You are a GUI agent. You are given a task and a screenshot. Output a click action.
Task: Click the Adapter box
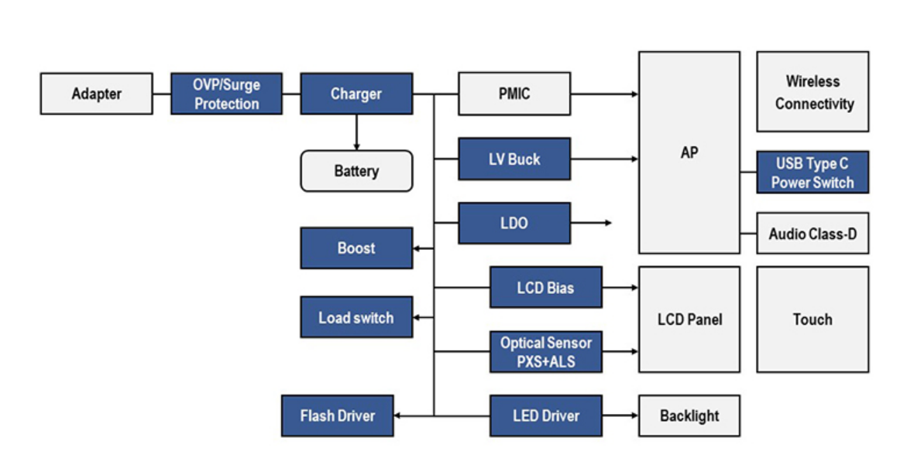tap(96, 94)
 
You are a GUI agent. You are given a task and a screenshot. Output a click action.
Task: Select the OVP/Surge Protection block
tap(226, 94)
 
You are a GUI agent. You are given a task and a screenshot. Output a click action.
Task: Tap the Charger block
tap(356, 94)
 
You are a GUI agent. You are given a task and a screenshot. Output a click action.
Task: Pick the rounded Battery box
tap(356, 170)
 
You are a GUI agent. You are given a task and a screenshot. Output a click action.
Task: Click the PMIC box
tap(514, 94)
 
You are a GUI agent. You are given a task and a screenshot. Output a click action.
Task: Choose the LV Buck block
tap(514, 159)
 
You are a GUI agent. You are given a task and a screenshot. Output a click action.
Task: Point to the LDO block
tap(514, 223)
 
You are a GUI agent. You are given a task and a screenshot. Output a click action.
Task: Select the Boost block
tap(356, 248)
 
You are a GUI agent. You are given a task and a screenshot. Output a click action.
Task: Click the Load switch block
tap(356, 317)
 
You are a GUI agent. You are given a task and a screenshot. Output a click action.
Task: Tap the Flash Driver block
tap(337, 415)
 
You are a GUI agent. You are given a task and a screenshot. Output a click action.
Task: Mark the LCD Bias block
tap(545, 288)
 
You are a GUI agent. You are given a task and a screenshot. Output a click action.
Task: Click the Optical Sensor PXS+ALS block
tap(545, 351)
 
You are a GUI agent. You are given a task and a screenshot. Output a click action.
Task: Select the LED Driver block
tap(545, 415)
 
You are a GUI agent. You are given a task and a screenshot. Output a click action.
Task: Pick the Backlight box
tap(689, 415)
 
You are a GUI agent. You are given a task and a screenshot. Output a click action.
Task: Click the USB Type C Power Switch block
tap(813, 173)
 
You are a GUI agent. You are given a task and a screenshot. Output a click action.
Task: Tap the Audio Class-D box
tap(813, 234)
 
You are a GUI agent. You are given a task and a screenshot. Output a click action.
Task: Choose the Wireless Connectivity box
tap(813, 91)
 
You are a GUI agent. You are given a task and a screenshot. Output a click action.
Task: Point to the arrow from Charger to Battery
tap(356, 132)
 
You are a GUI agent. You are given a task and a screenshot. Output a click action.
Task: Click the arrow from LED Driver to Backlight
tap(620, 415)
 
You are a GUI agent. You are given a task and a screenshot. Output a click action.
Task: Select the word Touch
tap(813, 319)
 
